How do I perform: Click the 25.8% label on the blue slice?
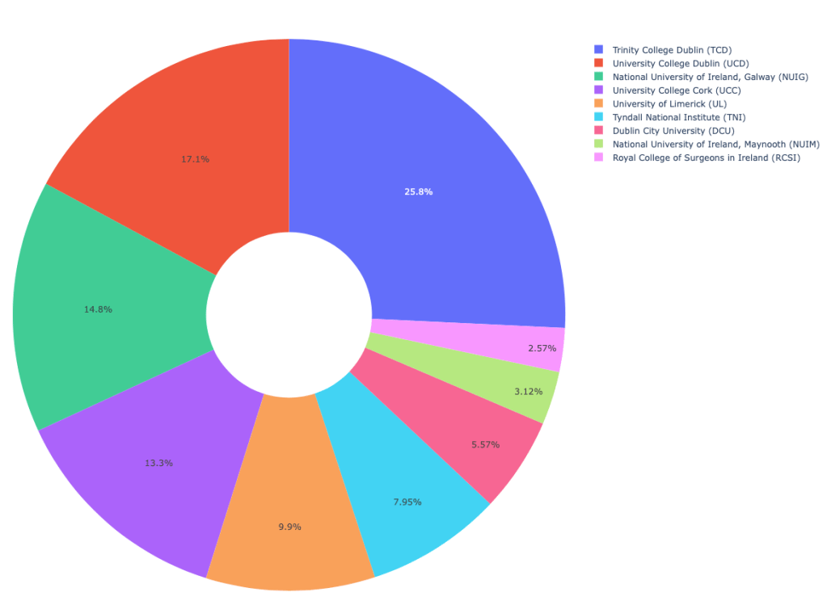pyautogui.click(x=418, y=191)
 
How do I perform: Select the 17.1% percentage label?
pyautogui.click(x=195, y=159)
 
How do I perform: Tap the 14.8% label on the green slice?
pyautogui.click(x=98, y=309)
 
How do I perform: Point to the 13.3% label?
pyautogui.click(x=158, y=463)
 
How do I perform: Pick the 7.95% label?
pyautogui.click(x=407, y=502)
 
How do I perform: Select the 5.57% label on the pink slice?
pyautogui.click(x=485, y=444)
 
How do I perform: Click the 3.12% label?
pyautogui.click(x=528, y=391)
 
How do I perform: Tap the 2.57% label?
pyautogui.click(x=542, y=347)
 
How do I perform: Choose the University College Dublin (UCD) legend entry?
pyautogui.click(x=680, y=63)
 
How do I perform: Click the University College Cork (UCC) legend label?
pyautogui.click(x=676, y=90)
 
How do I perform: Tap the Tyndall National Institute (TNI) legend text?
pyautogui.click(x=679, y=117)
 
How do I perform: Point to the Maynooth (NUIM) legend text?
pyautogui.click(x=715, y=144)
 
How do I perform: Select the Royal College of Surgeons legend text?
pyautogui.click(x=706, y=158)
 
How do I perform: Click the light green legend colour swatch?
pyautogui.click(x=598, y=144)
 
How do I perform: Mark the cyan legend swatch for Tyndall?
pyautogui.click(x=598, y=117)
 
